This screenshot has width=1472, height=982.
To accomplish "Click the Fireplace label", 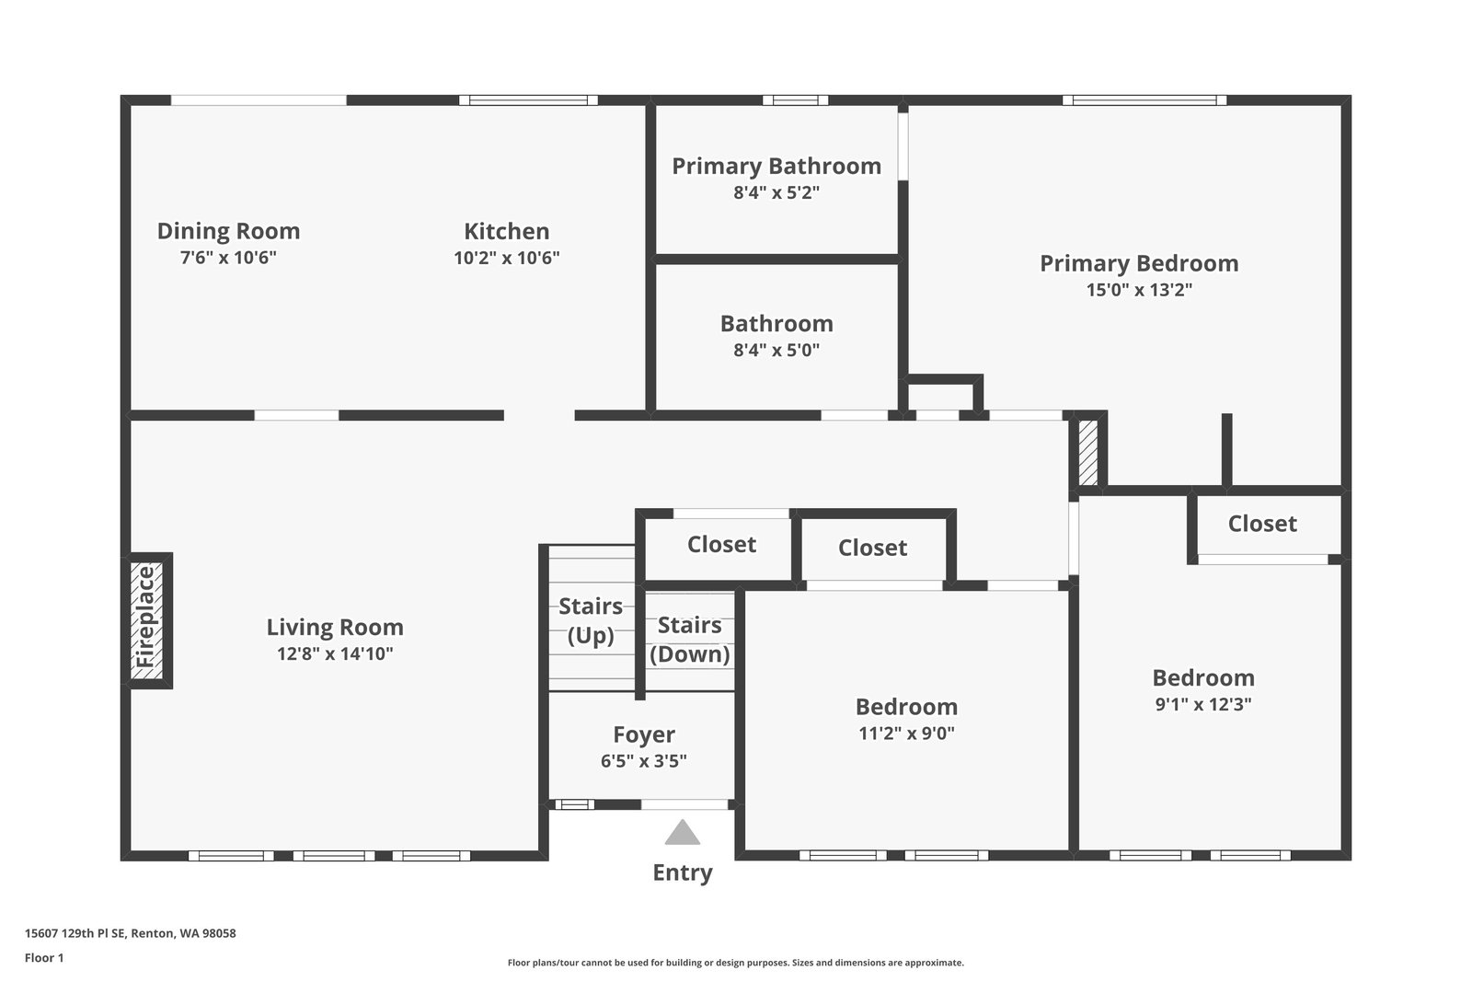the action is point(146,618).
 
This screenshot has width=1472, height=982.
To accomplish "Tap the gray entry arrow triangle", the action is point(682,833).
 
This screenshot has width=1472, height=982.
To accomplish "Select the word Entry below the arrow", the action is point(682,872).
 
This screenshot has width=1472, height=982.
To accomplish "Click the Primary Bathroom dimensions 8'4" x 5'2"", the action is point(776,193).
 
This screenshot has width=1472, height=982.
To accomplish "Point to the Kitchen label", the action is point(506,231).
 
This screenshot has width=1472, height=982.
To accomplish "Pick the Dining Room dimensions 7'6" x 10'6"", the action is point(228,258).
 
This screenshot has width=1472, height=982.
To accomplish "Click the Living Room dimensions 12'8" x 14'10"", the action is point(335,654).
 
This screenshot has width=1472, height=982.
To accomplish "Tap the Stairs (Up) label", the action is point(591,620).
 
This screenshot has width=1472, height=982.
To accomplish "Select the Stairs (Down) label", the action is point(689,640).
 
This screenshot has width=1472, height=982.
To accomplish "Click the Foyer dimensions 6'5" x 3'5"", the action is point(644,761).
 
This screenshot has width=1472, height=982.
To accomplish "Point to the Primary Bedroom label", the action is point(1139,263).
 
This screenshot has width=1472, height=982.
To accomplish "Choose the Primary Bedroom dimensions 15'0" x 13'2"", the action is point(1139,290).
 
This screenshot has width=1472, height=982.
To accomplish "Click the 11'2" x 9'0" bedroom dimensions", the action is point(906,734).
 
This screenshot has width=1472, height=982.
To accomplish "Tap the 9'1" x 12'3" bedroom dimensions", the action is point(1203,705).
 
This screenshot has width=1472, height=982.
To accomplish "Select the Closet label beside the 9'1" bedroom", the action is point(1262,524).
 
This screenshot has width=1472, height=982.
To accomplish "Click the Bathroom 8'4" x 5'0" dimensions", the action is point(776,351).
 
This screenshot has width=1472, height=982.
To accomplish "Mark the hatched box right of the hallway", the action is point(1088,452).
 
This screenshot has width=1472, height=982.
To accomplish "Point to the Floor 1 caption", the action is point(44,958).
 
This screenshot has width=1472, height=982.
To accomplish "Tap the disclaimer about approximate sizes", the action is point(735,963).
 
